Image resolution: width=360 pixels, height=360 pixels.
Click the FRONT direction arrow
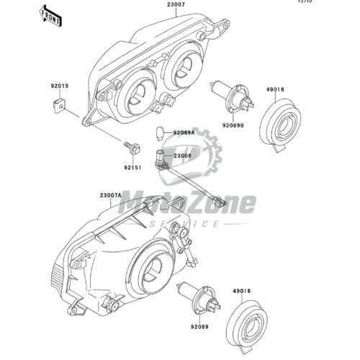(x=50, y=16)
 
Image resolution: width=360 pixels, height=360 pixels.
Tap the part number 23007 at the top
(x=176, y=4)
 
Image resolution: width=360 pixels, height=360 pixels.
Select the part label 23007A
(x=111, y=195)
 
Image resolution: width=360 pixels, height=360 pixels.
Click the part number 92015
(x=60, y=86)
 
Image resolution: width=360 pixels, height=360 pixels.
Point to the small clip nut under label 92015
(x=60, y=105)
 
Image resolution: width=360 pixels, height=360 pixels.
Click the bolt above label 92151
(x=132, y=148)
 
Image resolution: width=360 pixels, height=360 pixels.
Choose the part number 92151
(x=132, y=168)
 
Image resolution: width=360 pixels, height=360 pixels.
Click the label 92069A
(x=184, y=132)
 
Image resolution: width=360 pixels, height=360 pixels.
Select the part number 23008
(x=182, y=156)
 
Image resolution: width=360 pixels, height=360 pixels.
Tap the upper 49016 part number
(x=275, y=89)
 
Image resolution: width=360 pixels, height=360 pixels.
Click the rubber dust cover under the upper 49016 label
(x=280, y=125)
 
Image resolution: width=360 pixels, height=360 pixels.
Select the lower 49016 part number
(x=241, y=291)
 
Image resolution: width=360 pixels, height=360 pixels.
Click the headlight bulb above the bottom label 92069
(x=198, y=298)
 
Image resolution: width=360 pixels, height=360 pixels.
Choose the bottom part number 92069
(x=199, y=327)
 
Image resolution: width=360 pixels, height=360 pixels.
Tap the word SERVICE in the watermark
(x=184, y=224)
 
